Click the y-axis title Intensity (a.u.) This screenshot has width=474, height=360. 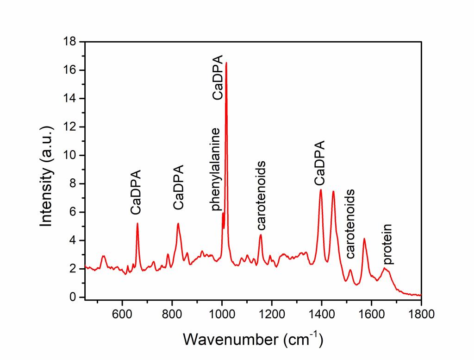click(x=46, y=169)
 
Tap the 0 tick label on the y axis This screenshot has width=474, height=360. click(x=73, y=297)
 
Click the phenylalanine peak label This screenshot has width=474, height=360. click(x=216, y=169)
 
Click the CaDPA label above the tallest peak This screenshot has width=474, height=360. click(x=218, y=77)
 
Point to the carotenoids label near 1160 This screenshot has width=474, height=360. click(x=261, y=196)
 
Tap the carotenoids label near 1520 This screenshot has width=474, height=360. click(x=351, y=223)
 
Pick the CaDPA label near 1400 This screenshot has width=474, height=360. click(x=319, y=163)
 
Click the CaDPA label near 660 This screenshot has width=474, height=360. click(x=136, y=192)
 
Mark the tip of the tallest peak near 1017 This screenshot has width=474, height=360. click(x=226, y=63)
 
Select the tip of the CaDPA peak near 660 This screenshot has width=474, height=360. click(x=137, y=223)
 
